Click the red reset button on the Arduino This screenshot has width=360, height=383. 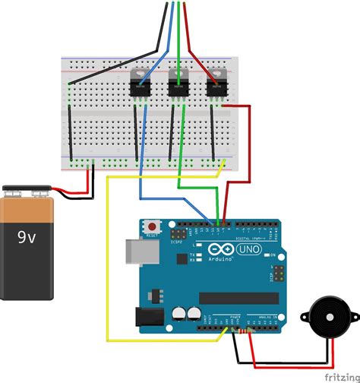[x=153, y=226]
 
